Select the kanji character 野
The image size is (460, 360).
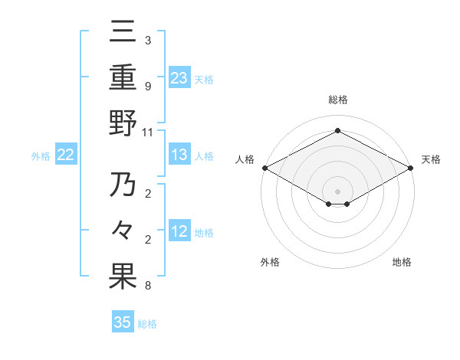click(x=123, y=124)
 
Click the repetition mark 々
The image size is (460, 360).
click(x=123, y=231)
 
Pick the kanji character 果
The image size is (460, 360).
click(x=123, y=277)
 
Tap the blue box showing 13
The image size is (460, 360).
click(x=179, y=155)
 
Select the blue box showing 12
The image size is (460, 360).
click(x=179, y=232)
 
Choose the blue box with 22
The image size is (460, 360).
click(x=66, y=155)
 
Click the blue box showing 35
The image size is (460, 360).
click(x=123, y=322)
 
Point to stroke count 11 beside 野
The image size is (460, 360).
click(x=148, y=132)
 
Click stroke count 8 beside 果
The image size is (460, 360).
click(x=148, y=286)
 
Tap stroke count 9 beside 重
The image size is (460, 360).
click(x=148, y=86)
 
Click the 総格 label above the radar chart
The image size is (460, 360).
click(x=338, y=100)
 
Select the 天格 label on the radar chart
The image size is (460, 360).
click(x=431, y=159)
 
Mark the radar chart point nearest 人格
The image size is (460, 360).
click(x=264, y=168)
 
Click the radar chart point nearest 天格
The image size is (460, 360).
click(x=412, y=168)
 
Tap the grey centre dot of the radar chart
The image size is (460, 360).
click(x=338, y=191)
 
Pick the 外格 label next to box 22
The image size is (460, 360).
click(x=41, y=156)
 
